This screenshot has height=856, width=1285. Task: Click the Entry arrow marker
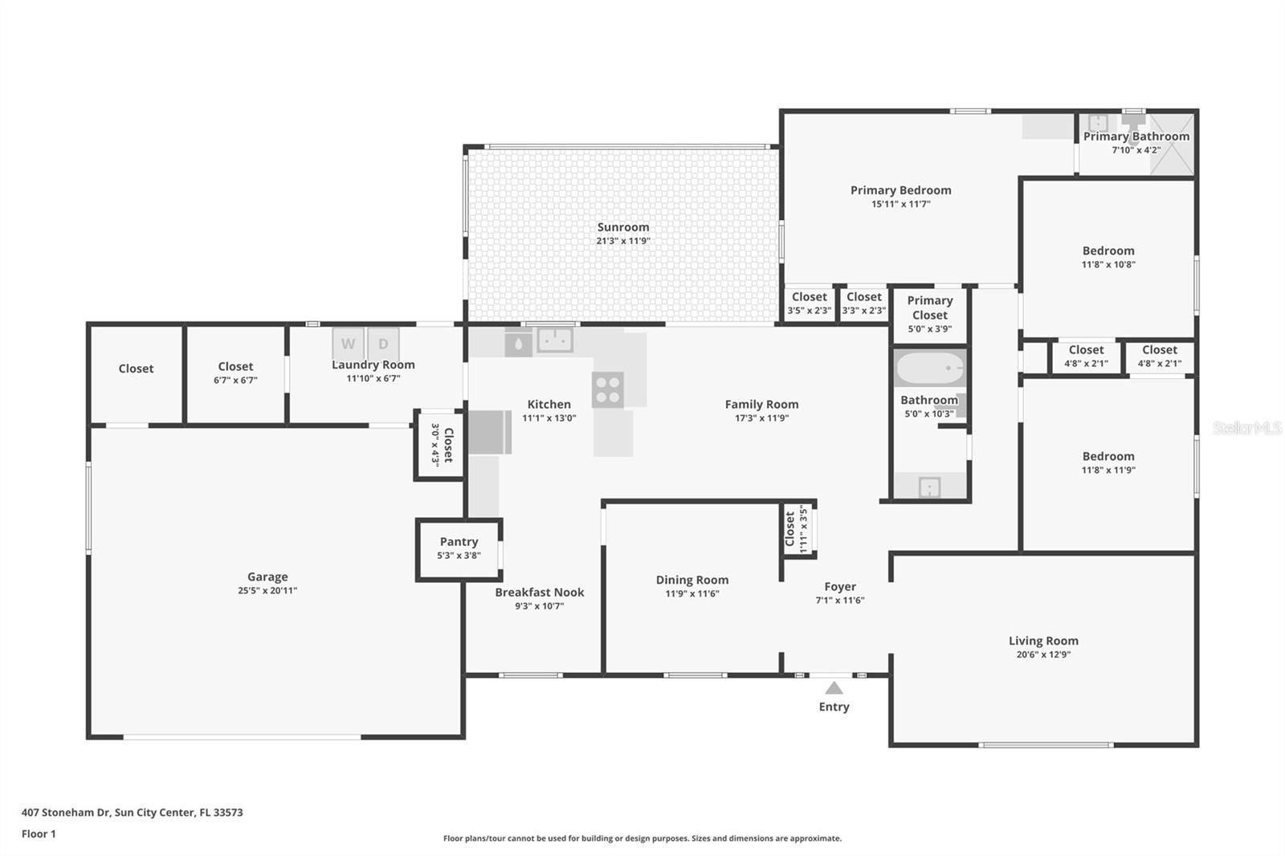point(834,688)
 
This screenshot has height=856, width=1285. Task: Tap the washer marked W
point(348,344)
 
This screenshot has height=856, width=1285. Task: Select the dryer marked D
point(383,344)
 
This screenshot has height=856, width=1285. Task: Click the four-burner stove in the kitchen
point(607,389)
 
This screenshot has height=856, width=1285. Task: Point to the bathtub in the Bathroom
point(930,369)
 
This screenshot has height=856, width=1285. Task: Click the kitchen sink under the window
point(555,340)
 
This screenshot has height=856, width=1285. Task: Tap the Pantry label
point(459,541)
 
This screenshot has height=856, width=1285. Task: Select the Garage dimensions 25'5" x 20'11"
point(267,590)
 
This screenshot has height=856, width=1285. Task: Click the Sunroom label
point(623,227)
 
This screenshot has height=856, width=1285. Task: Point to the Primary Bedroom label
point(900,190)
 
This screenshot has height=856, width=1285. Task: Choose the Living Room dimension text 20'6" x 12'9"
point(1043,654)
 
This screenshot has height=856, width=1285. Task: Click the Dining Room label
point(691,580)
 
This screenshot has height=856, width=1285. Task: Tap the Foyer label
point(840,587)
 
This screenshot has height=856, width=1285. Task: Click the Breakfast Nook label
point(539,592)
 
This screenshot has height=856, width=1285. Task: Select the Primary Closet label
point(930,308)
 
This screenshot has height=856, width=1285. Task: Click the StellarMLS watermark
point(1248,427)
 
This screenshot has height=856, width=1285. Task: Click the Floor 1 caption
point(39,834)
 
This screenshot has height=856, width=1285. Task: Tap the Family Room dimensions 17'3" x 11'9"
point(762,418)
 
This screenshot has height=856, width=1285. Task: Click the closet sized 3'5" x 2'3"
point(809,304)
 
